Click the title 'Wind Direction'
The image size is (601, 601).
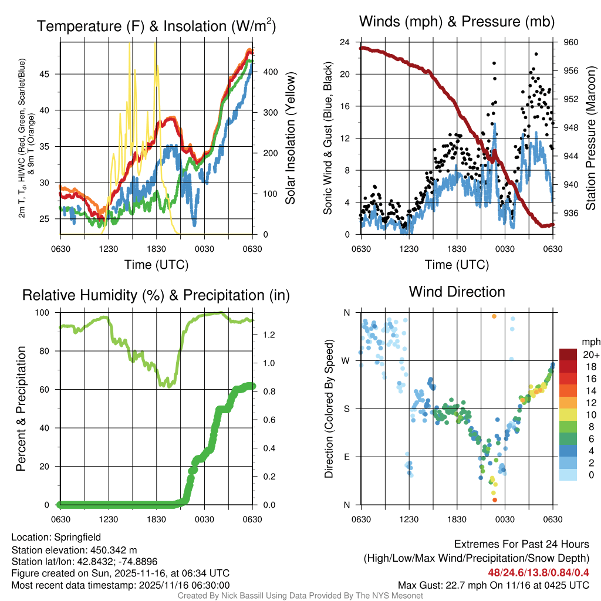coord(457,292)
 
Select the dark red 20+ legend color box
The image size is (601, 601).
coord(569,354)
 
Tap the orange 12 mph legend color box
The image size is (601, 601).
coord(569,402)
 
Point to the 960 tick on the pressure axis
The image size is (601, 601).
coord(571,42)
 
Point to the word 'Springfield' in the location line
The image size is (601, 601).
coord(77,537)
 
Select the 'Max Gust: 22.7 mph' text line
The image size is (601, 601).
coord(493,585)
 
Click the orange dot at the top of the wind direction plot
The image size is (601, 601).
coord(494,316)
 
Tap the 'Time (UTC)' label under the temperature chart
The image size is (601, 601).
coord(156,265)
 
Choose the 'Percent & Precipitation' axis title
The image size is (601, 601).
coord(21,408)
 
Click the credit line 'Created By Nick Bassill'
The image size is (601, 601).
coord(300,596)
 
